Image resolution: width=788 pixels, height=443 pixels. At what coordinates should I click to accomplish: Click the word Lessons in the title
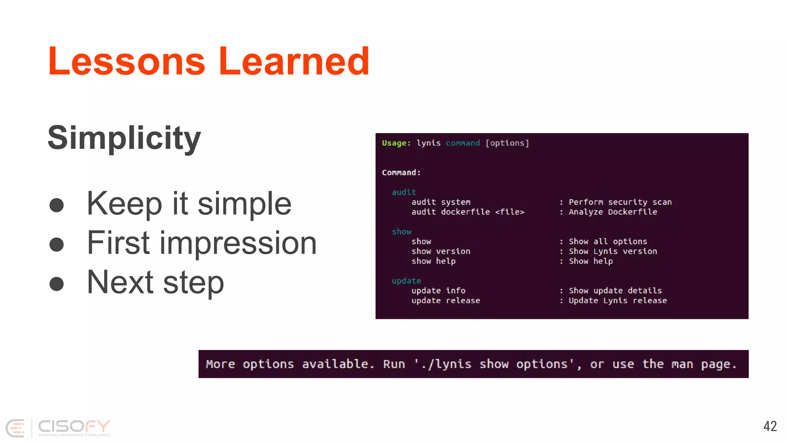click(127, 61)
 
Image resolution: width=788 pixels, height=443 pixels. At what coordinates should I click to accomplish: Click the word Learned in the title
click(294, 61)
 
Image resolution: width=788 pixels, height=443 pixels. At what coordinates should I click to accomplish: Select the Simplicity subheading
click(124, 138)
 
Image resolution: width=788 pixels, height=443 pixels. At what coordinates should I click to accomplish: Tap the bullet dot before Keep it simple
click(57, 205)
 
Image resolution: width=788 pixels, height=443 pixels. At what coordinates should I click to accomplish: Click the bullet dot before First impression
click(57, 244)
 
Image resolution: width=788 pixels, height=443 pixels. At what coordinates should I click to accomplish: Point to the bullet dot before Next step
click(57, 284)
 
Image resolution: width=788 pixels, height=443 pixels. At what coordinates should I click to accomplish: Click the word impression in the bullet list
click(238, 243)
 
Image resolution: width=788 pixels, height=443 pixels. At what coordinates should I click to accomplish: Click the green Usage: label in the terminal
click(396, 143)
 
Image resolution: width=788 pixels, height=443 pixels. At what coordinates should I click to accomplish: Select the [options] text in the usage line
click(507, 143)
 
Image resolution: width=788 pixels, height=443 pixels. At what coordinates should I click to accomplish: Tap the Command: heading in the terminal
click(401, 173)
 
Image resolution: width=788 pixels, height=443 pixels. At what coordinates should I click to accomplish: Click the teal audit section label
click(404, 192)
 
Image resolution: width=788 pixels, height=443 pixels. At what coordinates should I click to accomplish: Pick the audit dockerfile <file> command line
click(467, 212)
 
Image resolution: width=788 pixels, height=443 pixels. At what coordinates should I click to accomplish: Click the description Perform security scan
click(620, 202)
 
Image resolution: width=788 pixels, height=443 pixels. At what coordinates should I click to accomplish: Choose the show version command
click(441, 251)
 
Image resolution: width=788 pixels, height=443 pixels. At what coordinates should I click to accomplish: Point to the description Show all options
click(608, 241)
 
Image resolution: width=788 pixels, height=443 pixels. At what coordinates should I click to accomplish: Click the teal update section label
click(406, 281)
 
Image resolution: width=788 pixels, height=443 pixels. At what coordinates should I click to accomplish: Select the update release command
click(446, 300)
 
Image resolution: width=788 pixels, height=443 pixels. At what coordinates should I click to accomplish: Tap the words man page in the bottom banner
click(703, 364)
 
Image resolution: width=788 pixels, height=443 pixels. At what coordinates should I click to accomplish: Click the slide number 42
click(770, 426)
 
